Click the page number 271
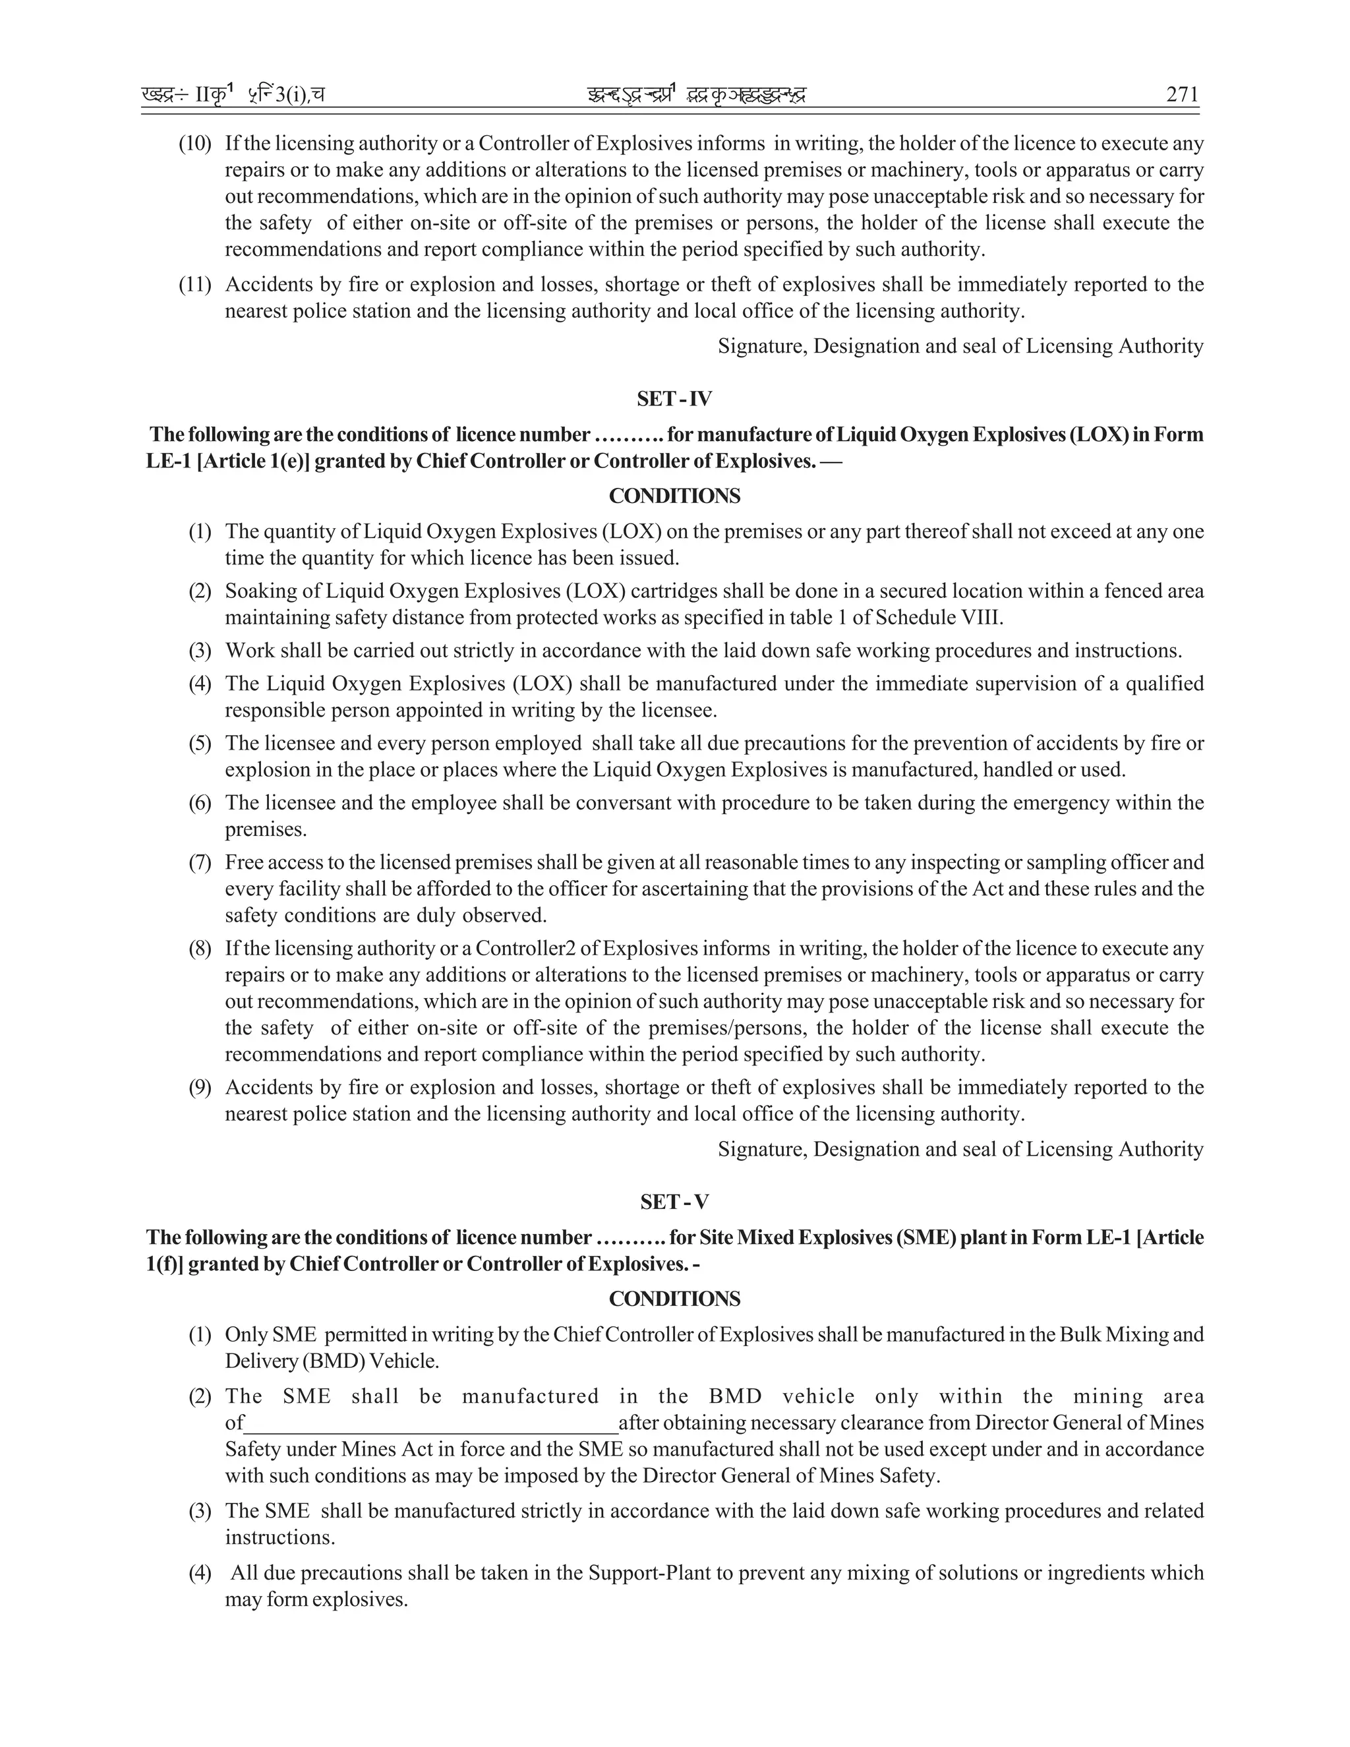pos(1182,94)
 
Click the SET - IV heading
pos(674,398)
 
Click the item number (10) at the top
pos(194,144)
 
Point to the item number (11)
pos(194,285)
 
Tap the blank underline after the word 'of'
pos(432,1423)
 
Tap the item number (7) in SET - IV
pos(200,862)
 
